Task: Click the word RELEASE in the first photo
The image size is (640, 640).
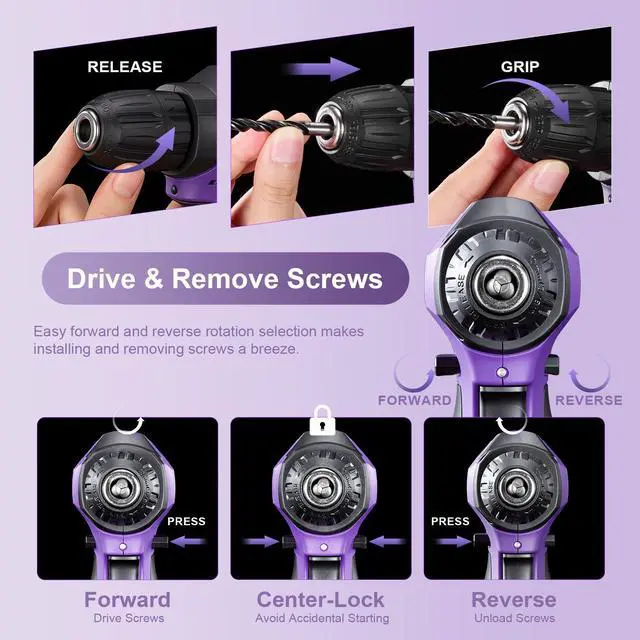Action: (125, 67)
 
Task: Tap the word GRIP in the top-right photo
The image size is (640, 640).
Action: (519, 67)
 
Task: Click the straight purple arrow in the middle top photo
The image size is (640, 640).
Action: (323, 69)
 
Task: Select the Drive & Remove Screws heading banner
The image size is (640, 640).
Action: (224, 278)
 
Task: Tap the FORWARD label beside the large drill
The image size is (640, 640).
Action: (414, 400)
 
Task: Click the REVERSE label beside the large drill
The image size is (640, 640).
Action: (588, 400)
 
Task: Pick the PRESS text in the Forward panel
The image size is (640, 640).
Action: (187, 521)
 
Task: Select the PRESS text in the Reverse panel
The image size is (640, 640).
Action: (450, 521)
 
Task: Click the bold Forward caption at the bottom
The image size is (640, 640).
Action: (127, 600)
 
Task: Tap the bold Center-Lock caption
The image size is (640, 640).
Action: (321, 600)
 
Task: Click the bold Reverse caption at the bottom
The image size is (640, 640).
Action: (513, 600)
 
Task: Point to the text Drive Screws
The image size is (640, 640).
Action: (127, 619)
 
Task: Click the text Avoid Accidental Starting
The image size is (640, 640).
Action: (321, 619)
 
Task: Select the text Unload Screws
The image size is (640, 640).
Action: (513, 619)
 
